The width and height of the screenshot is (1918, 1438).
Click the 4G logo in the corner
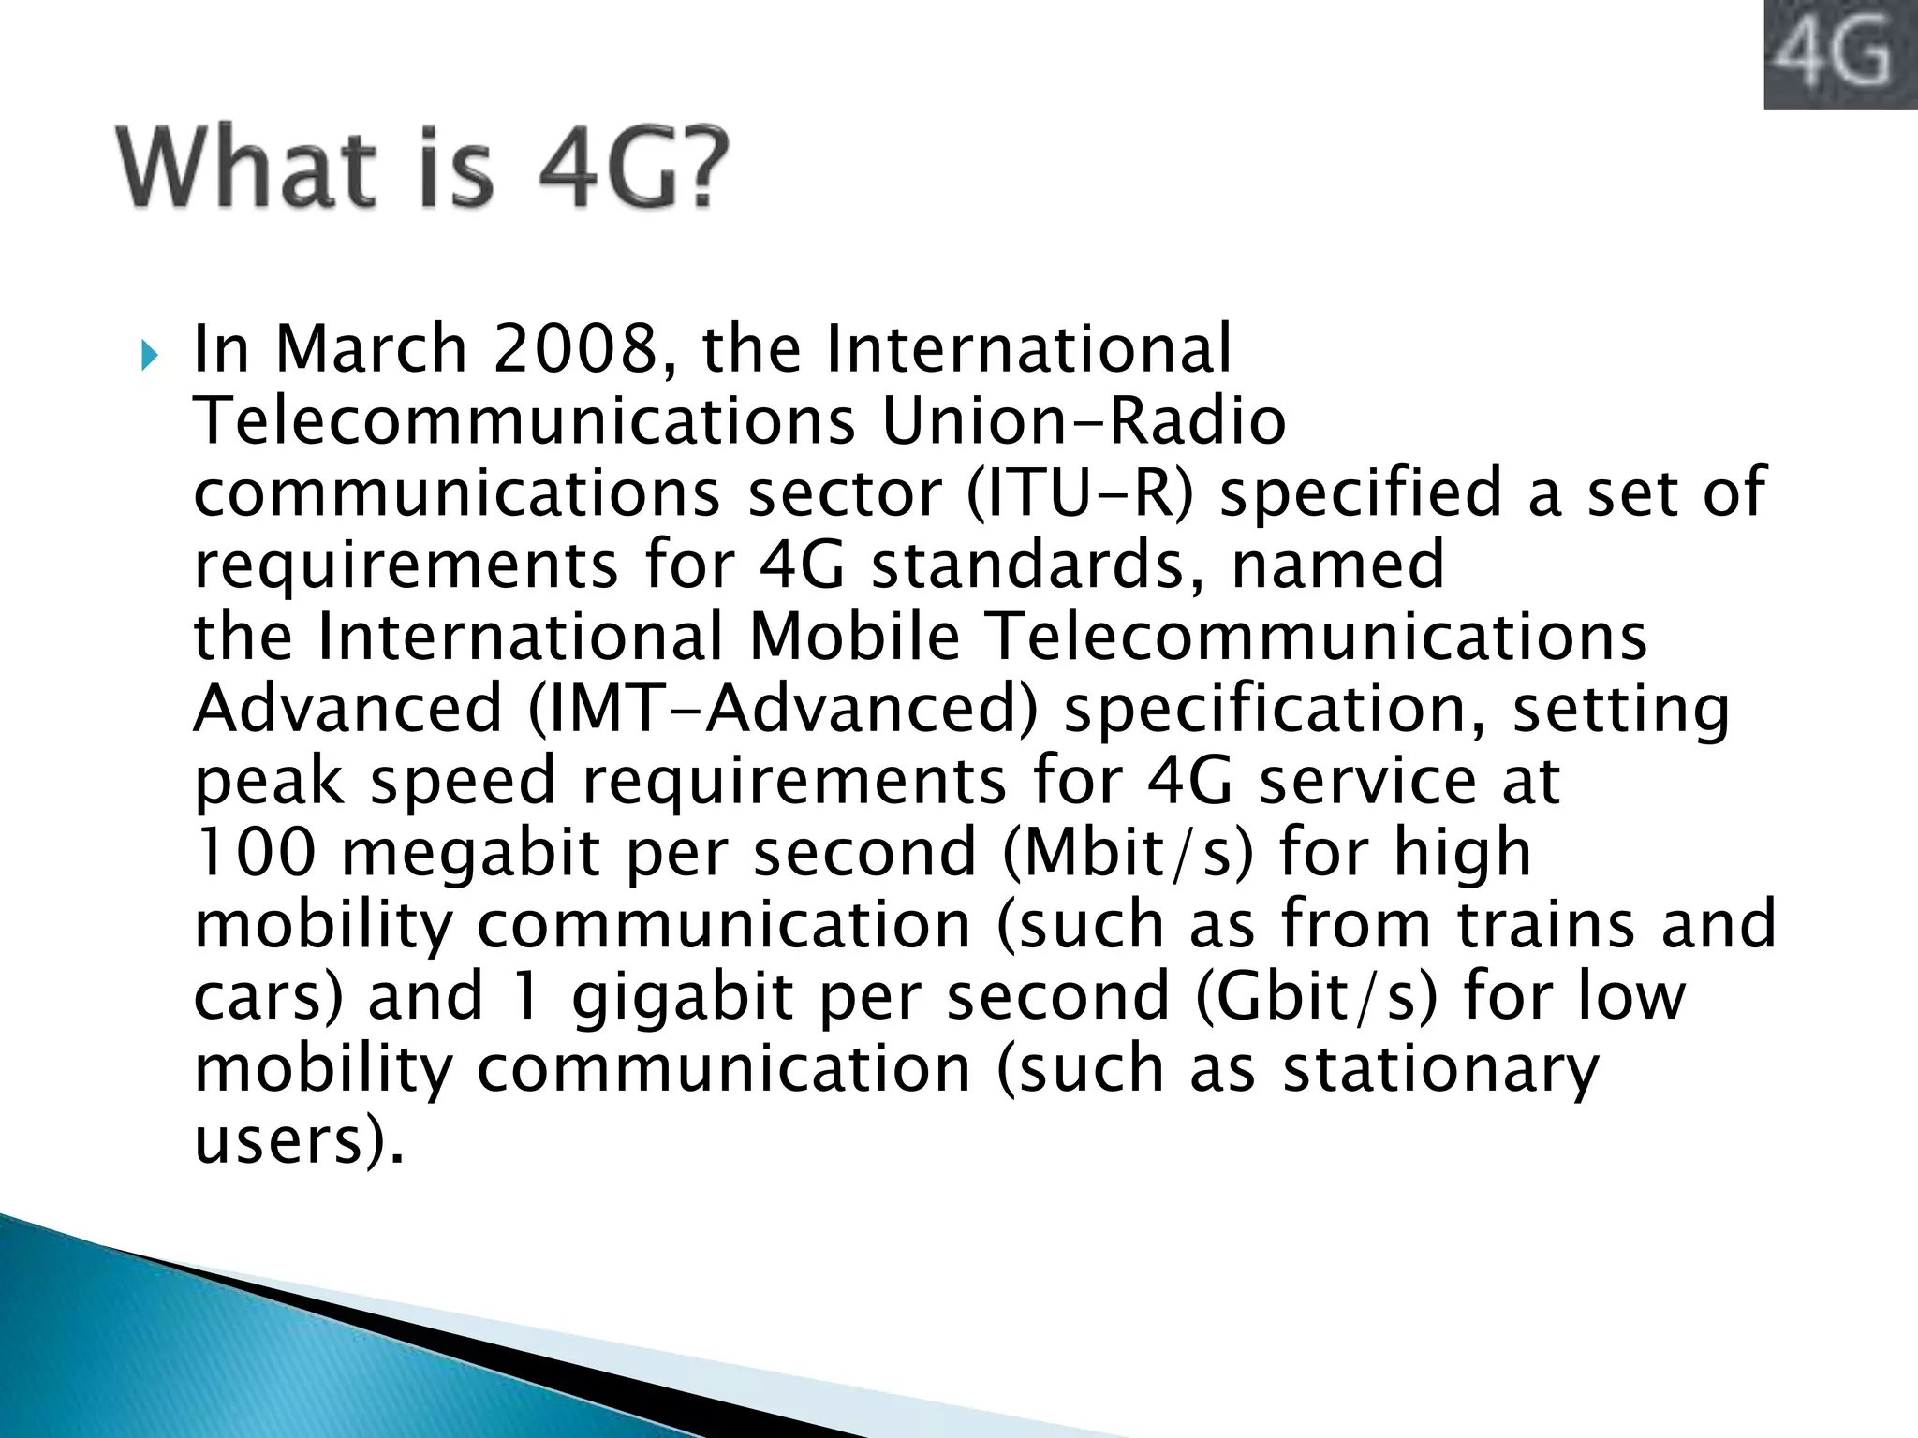pos(1839,53)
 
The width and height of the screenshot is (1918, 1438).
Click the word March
pos(371,348)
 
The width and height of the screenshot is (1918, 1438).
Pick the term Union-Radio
pos(1084,420)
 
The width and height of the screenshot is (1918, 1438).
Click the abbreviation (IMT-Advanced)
pos(783,709)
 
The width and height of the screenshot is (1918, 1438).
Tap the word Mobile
pos(855,637)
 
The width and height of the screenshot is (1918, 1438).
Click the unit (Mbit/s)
pos(1127,853)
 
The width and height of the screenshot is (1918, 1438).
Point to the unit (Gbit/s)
pos(1316,996)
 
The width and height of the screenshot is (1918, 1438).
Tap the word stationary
pos(1440,1068)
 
